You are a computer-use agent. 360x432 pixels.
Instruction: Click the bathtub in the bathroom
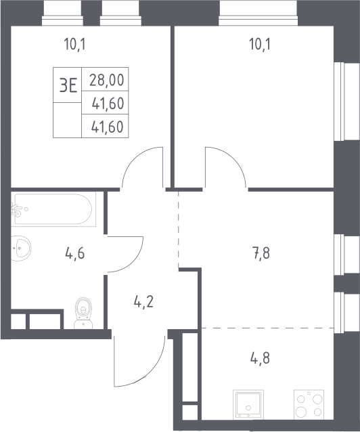53,209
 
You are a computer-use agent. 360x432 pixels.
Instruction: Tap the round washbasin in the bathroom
21,249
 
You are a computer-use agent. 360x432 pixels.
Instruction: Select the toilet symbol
83,313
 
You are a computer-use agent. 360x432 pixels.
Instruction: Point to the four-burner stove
309,404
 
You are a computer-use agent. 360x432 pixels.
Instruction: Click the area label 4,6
75,253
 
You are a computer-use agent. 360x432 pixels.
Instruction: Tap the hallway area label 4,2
143,302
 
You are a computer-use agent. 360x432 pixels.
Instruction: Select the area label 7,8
261,253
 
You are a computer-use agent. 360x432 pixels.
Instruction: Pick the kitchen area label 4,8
260,359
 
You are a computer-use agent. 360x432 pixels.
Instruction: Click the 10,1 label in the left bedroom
74,44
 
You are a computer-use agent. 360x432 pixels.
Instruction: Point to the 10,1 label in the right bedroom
260,44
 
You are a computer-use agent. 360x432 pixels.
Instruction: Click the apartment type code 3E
68,85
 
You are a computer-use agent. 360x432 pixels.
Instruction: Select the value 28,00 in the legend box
107,80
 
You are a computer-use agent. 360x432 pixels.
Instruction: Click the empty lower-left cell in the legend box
67,120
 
